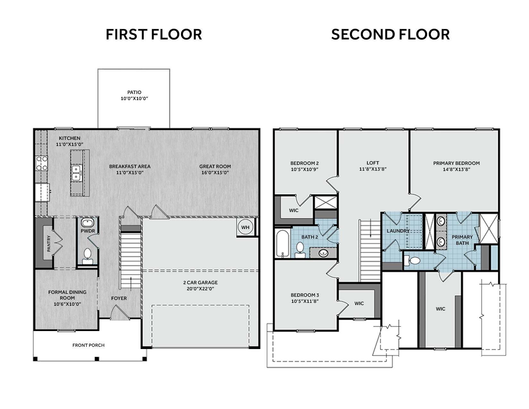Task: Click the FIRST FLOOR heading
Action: [x=154, y=34]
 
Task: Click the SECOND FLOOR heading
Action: [x=390, y=34]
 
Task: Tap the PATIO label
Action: [x=134, y=92]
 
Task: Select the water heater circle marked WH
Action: [x=245, y=227]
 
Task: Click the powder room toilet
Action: [x=88, y=257]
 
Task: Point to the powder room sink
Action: [x=88, y=223]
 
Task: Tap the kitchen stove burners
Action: [x=42, y=163]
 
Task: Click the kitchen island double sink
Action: [x=77, y=172]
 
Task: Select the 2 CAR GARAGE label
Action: [x=200, y=283]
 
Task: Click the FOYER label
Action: [x=119, y=298]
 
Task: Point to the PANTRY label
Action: [x=49, y=243]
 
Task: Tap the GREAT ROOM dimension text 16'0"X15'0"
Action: [x=215, y=173]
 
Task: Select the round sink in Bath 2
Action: [x=323, y=253]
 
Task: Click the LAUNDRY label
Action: [x=398, y=231]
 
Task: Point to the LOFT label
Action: [x=373, y=163]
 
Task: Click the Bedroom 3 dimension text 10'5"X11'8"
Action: [x=305, y=301]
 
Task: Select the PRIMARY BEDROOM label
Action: [x=457, y=163]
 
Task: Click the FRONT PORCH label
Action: [x=88, y=345]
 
